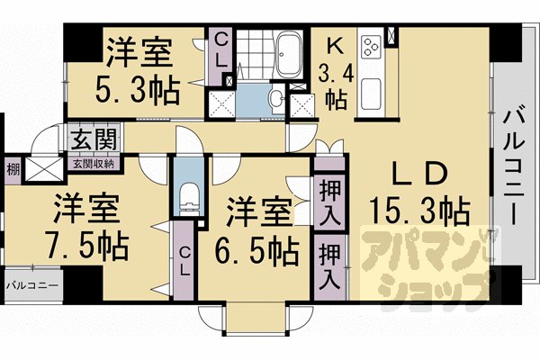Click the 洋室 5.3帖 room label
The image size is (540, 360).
point(138,71)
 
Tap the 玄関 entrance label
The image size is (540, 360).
point(93,142)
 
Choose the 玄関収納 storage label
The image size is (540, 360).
point(93,164)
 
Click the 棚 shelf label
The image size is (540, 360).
point(12,168)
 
